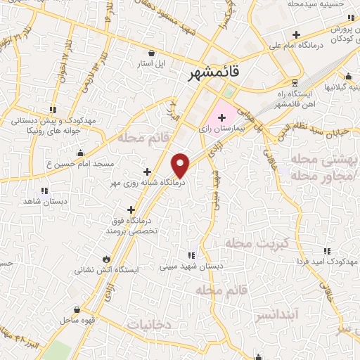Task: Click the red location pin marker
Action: coord(181,165)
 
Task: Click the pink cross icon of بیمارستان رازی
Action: coord(222,117)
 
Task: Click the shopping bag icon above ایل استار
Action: coord(151,52)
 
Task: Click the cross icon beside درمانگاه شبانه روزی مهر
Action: coord(147,172)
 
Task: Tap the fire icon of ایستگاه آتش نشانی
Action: coord(106,259)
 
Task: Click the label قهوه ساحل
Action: coord(82,319)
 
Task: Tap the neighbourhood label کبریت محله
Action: coord(257,243)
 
